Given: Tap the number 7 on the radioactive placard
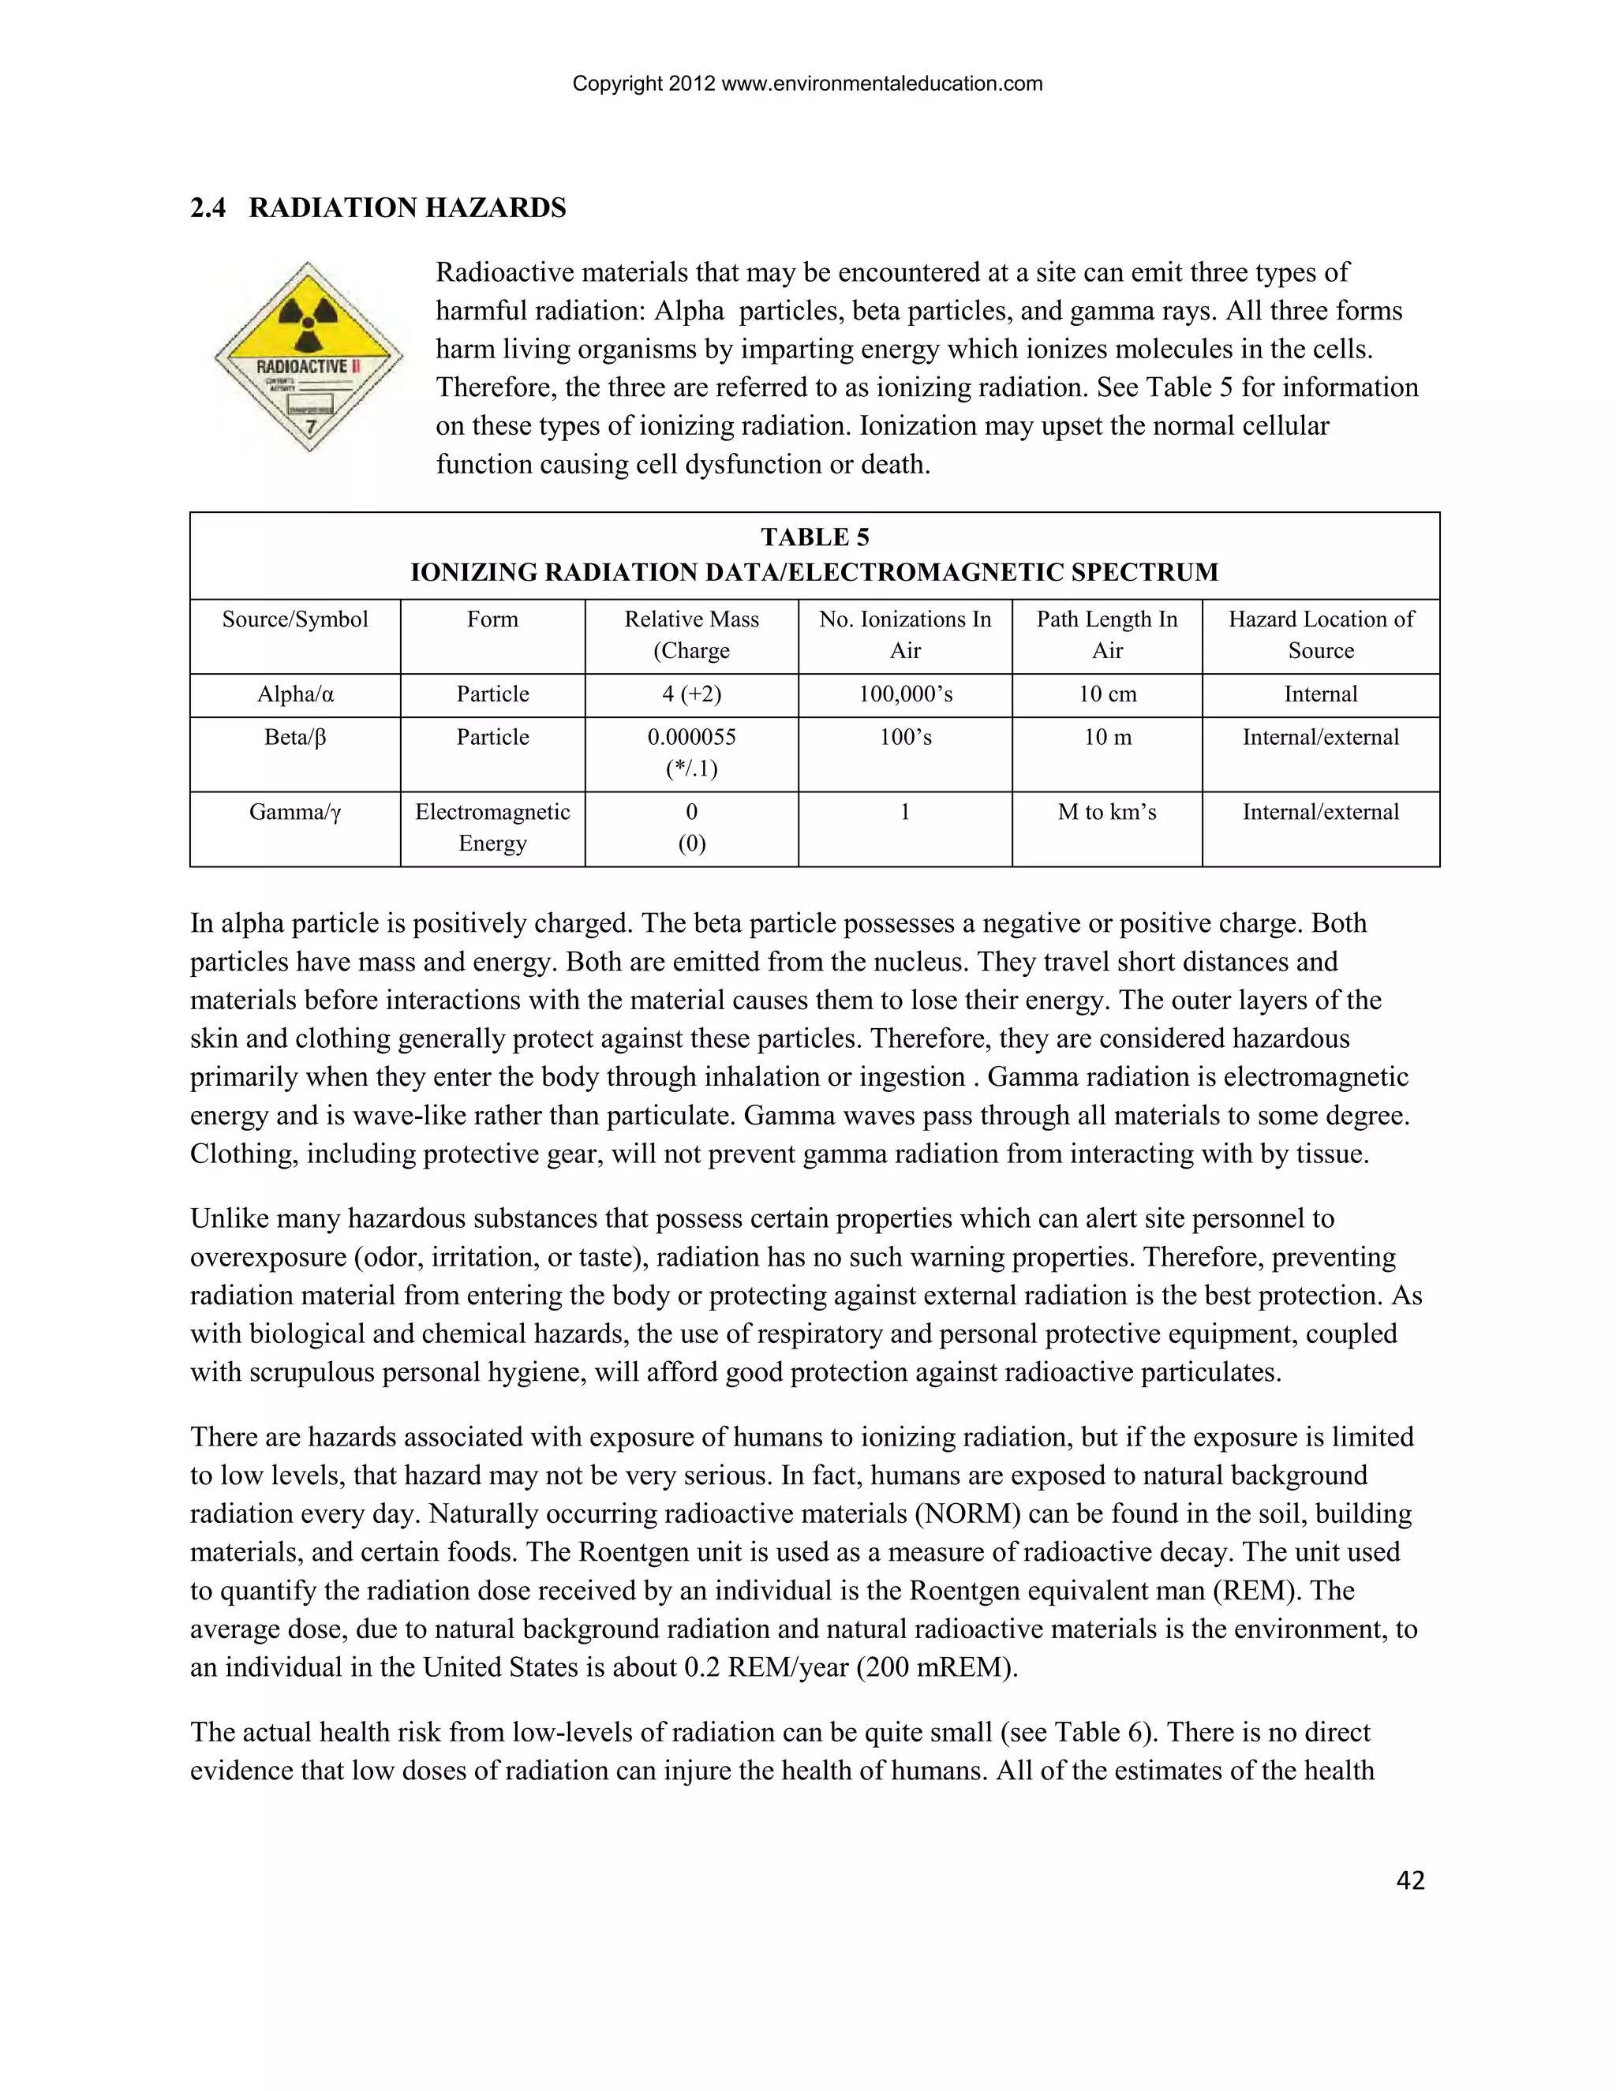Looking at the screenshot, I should click(x=309, y=427).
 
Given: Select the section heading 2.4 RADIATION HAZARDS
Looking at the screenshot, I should click(x=378, y=208).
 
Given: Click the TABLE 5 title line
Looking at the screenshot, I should click(x=814, y=537).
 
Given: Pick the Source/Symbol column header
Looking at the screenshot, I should click(x=295, y=619).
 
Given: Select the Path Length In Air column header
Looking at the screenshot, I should click(x=1107, y=634).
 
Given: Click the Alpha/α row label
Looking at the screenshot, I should click(x=295, y=694).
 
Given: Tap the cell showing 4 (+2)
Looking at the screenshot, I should click(x=691, y=694).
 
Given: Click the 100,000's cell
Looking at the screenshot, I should click(x=905, y=694).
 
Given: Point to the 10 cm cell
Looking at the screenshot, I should click(x=1107, y=694).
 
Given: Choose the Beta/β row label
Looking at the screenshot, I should click(x=295, y=737).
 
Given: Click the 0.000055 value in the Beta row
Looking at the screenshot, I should click(x=691, y=737).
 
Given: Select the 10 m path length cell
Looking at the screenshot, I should click(x=1107, y=737).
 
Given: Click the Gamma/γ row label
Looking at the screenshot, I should click(x=295, y=812).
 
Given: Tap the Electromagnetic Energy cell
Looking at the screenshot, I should click(x=492, y=827).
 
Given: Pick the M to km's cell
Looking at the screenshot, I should click(x=1107, y=812).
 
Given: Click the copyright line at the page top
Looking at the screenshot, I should click(x=807, y=84).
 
